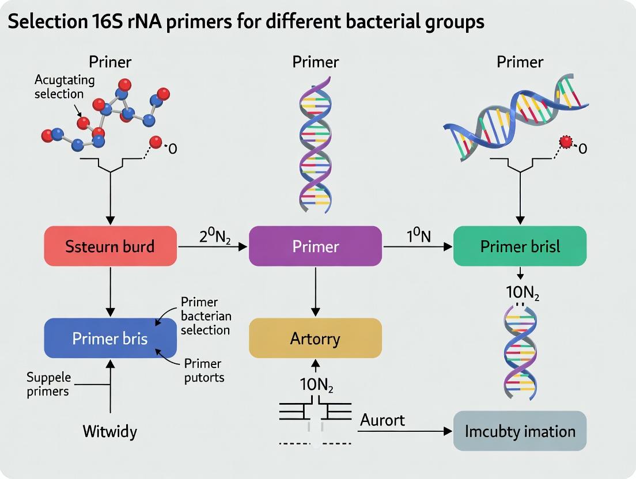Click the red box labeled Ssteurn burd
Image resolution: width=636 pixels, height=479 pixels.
(111, 246)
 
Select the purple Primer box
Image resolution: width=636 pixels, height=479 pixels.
(315, 246)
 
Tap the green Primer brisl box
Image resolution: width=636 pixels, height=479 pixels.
(520, 246)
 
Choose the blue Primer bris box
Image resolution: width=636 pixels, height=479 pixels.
(111, 338)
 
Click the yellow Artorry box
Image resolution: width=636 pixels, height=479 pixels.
(315, 338)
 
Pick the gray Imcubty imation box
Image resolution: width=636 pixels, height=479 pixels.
(520, 431)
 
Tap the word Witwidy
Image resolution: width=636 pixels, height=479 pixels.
(111, 431)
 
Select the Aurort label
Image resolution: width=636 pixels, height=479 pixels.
(383, 420)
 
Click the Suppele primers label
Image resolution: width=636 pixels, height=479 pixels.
(48, 384)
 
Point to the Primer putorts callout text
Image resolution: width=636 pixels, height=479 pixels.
(203, 371)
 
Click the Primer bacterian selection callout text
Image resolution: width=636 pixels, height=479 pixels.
(205, 316)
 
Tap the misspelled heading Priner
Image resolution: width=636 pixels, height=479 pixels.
(111, 62)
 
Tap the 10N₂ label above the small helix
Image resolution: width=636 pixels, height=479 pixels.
(523, 292)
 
